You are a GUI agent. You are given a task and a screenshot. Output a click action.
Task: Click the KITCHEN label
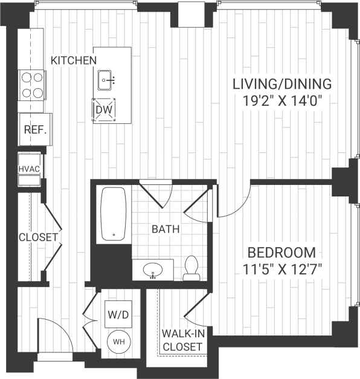pos(74,60)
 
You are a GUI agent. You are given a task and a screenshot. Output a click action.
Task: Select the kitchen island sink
pos(108,79)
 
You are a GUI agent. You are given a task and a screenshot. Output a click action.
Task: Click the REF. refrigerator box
pos(32,129)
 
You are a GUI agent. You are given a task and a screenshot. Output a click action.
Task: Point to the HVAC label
pos(29,169)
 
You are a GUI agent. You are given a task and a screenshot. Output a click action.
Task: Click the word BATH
pos(166,229)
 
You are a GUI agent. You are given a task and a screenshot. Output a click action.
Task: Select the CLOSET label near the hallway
pos(37,237)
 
